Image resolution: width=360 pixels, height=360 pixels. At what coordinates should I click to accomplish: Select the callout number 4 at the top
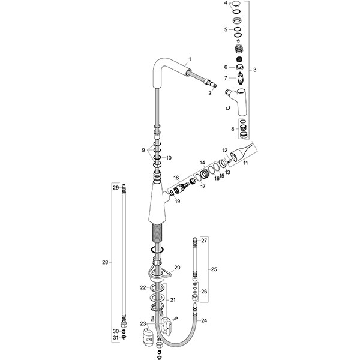point(227,4)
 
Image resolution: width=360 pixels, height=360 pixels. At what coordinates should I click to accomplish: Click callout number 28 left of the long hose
point(105,262)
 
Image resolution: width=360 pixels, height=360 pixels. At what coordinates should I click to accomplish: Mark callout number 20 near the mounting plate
point(176,267)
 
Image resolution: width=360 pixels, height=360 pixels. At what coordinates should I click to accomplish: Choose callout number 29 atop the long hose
point(116,188)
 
